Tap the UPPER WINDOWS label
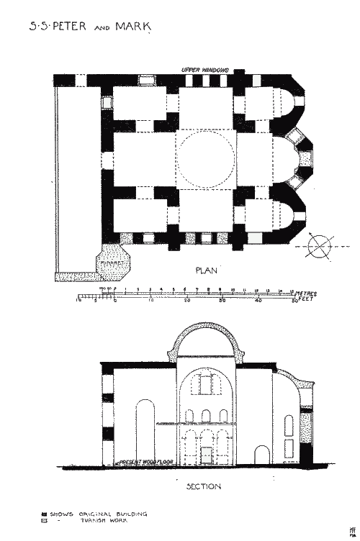(205, 69)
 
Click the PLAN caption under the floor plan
(207, 270)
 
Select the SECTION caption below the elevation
(204, 486)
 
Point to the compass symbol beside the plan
(318, 246)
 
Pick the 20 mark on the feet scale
(186, 301)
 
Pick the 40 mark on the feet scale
(258, 301)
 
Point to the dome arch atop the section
(206, 332)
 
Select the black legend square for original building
(45, 513)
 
